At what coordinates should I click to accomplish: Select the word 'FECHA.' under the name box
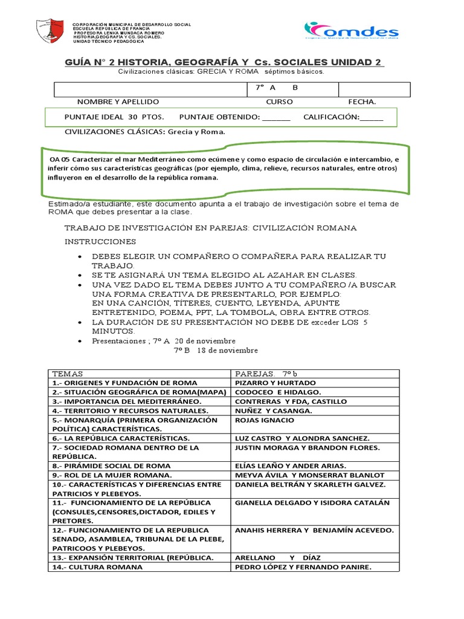(x=362, y=102)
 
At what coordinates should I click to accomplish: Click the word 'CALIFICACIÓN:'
(x=331, y=117)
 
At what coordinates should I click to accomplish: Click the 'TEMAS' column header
(x=68, y=374)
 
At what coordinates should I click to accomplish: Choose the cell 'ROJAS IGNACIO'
(x=264, y=420)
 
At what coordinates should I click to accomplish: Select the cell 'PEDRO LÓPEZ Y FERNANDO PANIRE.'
(x=303, y=567)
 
